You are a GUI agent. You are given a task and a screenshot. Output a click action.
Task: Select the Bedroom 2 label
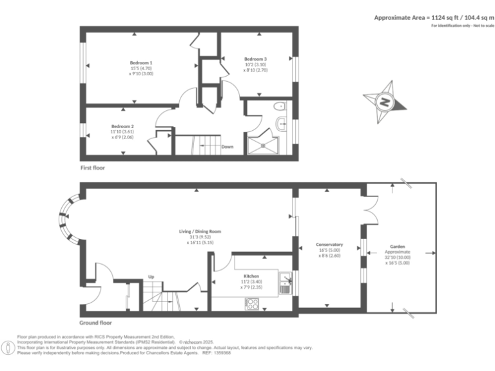122,126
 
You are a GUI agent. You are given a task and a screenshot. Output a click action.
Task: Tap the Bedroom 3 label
255,59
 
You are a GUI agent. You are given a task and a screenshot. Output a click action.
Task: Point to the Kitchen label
251,275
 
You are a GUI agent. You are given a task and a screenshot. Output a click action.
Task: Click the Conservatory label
329,245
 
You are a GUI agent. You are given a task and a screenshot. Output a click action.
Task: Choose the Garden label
397,245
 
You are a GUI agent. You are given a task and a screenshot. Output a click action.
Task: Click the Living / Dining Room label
200,231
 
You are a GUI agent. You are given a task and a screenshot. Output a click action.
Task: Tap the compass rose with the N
385,101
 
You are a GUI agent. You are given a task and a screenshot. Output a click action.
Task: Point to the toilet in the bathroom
279,107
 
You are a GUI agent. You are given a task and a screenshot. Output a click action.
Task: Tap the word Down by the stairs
228,147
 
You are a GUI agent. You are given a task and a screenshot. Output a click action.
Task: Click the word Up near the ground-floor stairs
151,277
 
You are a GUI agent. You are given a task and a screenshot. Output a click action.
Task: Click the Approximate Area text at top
431,17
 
